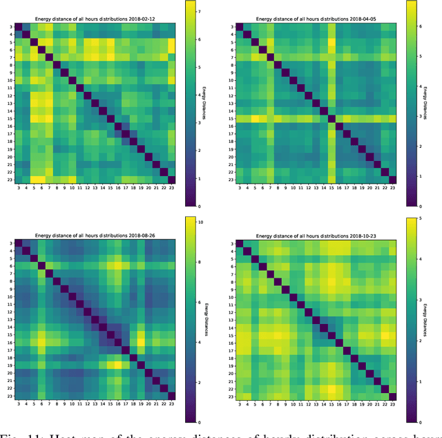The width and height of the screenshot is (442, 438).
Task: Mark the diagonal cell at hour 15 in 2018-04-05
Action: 330,118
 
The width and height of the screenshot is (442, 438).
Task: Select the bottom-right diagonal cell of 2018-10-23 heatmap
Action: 393,397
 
